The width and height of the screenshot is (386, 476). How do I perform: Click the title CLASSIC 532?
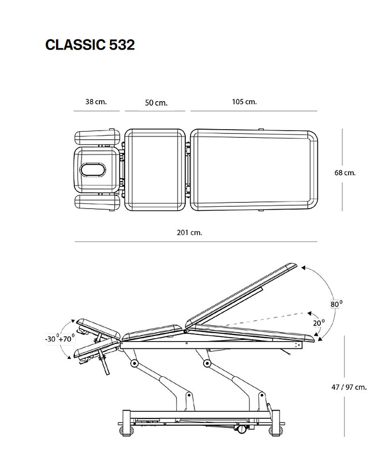pyautogui.click(x=90, y=45)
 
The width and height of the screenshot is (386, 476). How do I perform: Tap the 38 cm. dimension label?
pyautogui.click(x=96, y=102)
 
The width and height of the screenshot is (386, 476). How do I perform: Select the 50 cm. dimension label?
pyautogui.click(x=156, y=103)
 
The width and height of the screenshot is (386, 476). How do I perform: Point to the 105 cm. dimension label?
pyautogui.click(x=244, y=102)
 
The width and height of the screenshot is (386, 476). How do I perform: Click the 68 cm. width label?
pyautogui.click(x=345, y=173)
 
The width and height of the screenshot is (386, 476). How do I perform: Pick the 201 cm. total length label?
pyautogui.click(x=189, y=233)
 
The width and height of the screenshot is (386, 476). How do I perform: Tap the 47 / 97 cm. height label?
pyautogui.click(x=349, y=387)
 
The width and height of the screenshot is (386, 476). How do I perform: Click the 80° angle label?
pyautogui.click(x=336, y=304)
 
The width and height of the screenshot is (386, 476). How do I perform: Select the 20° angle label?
pyautogui.click(x=319, y=323)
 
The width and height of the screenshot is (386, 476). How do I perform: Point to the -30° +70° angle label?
pyautogui.click(x=60, y=339)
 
